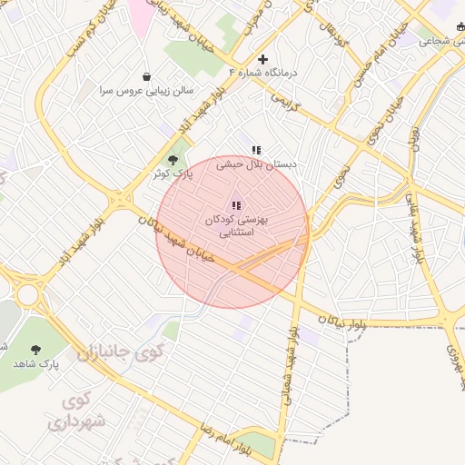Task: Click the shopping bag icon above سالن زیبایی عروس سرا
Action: [147, 76]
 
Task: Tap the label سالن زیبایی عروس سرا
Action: [147, 92]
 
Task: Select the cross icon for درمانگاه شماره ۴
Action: [263, 59]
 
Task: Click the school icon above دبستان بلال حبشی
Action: [256, 151]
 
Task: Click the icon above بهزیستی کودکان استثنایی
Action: [236, 206]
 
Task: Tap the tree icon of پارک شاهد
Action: [35, 349]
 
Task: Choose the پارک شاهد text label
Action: [35, 362]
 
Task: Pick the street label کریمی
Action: [284, 95]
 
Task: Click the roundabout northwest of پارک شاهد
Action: [27, 295]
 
